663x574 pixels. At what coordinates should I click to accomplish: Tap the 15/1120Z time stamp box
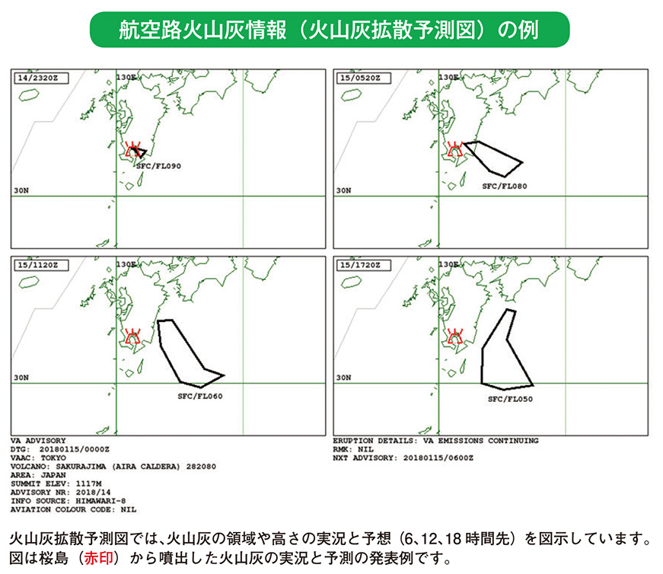tap(37, 264)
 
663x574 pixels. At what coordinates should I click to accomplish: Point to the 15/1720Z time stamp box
tap(359, 264)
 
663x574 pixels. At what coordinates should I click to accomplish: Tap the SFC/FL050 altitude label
tap(511, 397)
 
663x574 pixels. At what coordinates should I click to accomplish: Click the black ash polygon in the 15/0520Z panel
tap(492, 158)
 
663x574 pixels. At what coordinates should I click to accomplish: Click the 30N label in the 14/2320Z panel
tap(22, 190)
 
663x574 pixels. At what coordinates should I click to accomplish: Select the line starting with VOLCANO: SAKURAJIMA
tap(104, 467)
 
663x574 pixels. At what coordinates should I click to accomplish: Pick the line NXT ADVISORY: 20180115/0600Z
tap(403, 458)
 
